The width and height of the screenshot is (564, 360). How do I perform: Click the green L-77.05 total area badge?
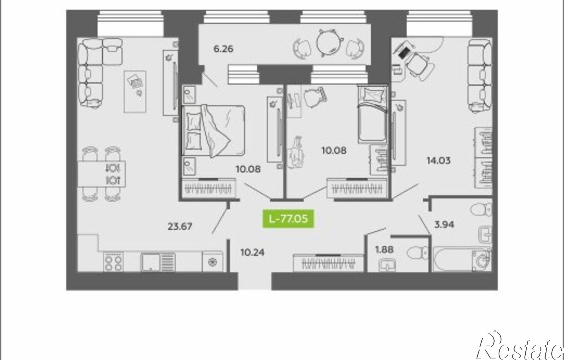tap(288, 219)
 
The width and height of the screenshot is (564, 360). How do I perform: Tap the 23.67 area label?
tap(180, 226)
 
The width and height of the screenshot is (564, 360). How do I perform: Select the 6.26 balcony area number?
tap(223, 49)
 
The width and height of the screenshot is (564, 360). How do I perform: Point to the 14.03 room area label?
tap(439, 161)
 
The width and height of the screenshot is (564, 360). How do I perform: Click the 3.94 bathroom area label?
tap(444, 225)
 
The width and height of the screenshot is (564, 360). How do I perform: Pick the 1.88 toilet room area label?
tap(384, 249)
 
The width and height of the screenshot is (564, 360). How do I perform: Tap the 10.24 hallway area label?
tap(252, 252)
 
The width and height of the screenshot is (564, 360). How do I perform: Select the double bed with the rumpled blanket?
tap(213, 131)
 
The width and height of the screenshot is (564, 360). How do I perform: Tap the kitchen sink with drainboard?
tap(158, 262)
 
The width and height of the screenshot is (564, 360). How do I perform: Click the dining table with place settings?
tap(102, 174)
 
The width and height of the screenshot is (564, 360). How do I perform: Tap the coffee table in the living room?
tap(135, 91)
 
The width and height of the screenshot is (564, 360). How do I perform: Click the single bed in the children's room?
tap(371, 115)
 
